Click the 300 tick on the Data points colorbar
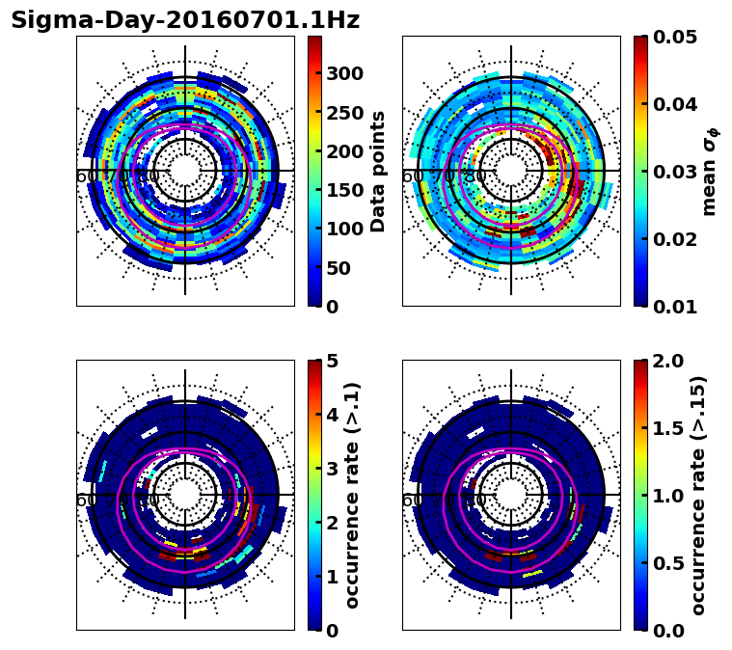tap(342, 73)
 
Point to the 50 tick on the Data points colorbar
tap(339, 268)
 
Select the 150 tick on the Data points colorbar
tap(342, 190)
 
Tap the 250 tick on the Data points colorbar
tap(342, 113)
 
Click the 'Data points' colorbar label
tap(378, 172)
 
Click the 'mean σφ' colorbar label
tap(710, 172)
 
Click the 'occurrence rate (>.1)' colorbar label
tap(353, 496)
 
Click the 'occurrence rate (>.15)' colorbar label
tap(698, 496)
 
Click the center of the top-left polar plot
tap(185, 172)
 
